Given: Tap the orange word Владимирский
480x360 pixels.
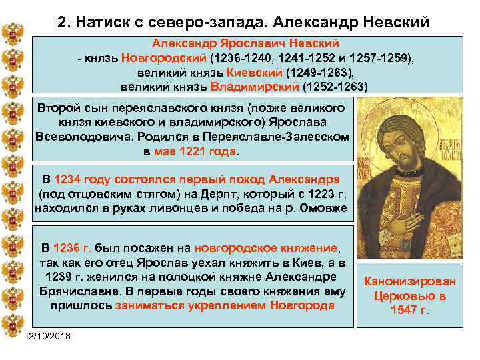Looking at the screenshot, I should (x=255, y=87).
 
